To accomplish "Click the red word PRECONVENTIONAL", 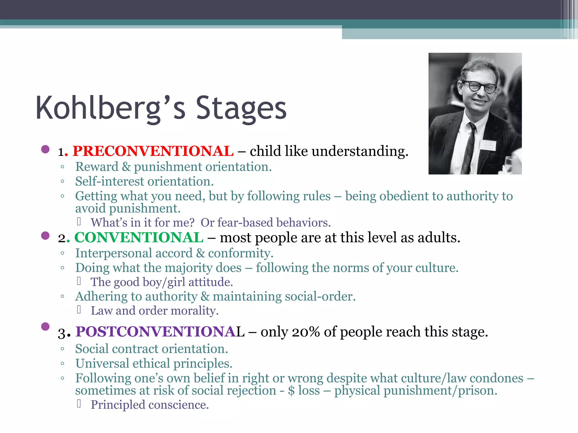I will (153, 151).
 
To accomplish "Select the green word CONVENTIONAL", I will (139, 238).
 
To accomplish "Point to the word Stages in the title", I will (241, 108).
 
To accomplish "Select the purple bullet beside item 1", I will (45, 149).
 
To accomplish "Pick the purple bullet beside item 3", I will (45, 326).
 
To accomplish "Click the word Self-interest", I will (110, 182).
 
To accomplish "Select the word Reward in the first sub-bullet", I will (97, 167).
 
